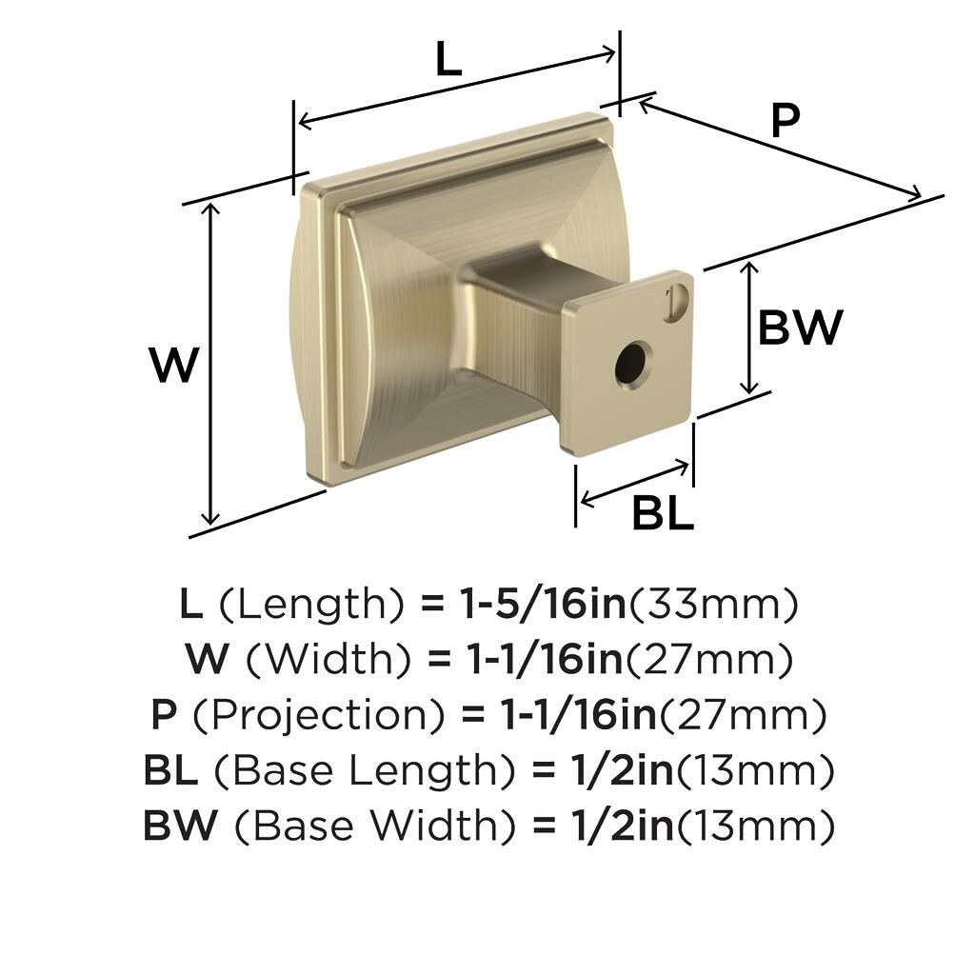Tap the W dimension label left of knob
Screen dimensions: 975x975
click(x=174, y=365)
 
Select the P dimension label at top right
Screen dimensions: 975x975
click(x=785, y=120)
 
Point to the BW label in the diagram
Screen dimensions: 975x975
click(x=800, y=328)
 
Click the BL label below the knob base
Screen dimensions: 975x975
click(x=663, y=513)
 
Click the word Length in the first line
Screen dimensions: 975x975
click(x=320, y=604)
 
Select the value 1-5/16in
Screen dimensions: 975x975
click(x=542, y=604)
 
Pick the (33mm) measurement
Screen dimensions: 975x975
click(x=713, y=605)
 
